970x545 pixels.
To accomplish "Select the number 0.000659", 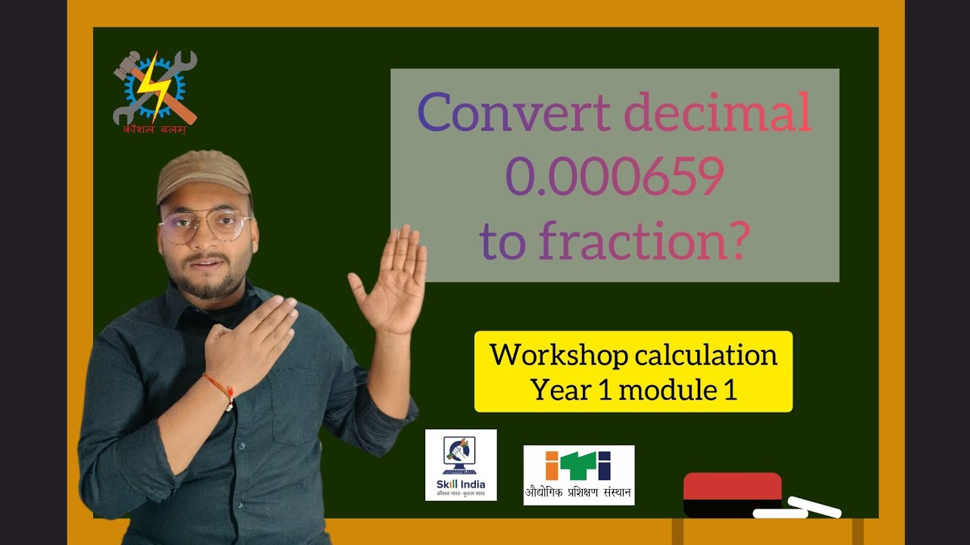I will tap(614, 179).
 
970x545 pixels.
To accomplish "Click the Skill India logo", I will tap(461, 465).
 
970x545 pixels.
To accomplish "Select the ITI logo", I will tap(578, 475).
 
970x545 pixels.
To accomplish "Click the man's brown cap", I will tap(202, 176).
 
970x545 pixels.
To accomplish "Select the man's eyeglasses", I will tap(205, 227).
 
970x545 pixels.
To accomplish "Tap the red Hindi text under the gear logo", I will tap(155, 129).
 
